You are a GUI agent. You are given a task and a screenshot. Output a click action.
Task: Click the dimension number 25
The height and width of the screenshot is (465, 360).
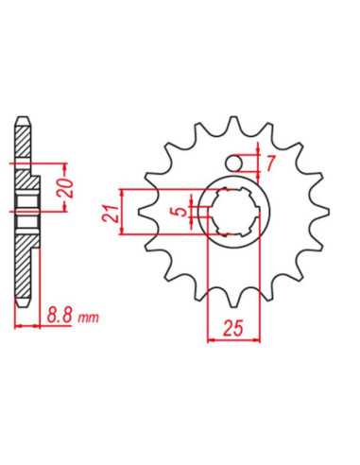pyautogui.click(x=233, y=328)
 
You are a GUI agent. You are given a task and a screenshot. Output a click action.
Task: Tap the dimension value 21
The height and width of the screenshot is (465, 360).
pyautogui.click(x=111, y=214)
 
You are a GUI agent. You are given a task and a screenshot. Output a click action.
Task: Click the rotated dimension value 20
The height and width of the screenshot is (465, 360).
pyautogui.click(x=67, y=188)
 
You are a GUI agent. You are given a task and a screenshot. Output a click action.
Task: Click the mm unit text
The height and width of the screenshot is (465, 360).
pyautogui.click(x=89, y=318)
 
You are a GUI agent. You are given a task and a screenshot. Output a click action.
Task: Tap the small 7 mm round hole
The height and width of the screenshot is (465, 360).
pyautogui.click(x=234, y=164)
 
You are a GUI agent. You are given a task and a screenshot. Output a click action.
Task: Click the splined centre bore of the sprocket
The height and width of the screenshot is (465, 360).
pyautogui.click(x=234, y=212)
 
